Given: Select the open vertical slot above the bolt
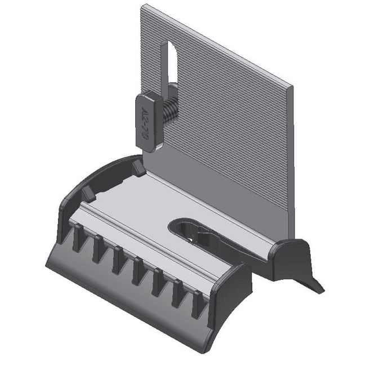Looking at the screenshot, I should pos(171,65).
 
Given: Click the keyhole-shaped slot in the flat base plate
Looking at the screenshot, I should pos(194,231).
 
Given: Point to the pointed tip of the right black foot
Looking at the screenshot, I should pos(323,291).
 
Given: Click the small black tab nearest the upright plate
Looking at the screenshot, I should pos(137,167).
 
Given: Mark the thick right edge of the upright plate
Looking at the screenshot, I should pos(291,169).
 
